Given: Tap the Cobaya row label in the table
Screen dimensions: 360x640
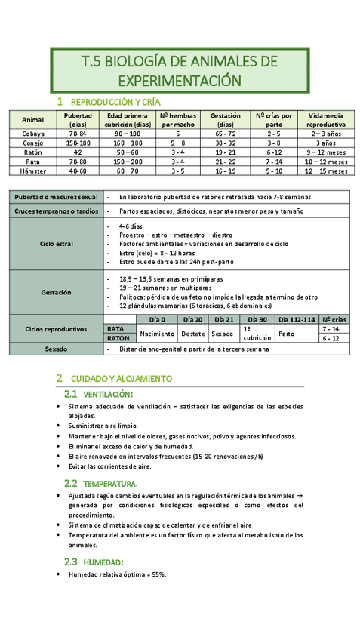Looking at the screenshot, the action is coord(33,133).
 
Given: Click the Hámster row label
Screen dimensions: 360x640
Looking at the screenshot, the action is coord(33,171).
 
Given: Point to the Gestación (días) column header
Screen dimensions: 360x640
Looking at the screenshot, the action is coord(226,119).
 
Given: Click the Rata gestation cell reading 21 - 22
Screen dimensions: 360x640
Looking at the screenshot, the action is coord(226,162).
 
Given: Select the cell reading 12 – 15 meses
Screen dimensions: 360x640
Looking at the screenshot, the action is coord(326,171).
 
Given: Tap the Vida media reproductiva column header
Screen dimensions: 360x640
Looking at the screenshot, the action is coord(326,119).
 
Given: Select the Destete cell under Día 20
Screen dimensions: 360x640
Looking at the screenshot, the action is coord(193,333).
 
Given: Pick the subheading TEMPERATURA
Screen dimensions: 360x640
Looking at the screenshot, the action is coord(110,483).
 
